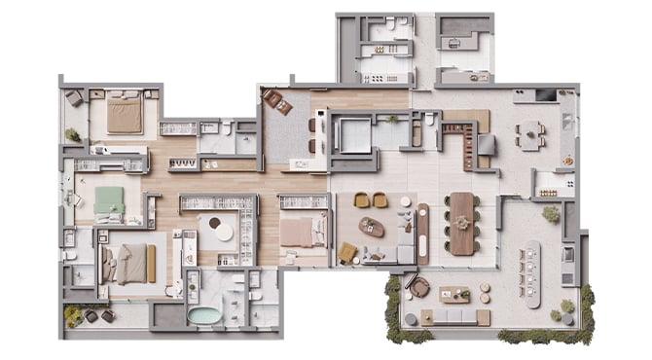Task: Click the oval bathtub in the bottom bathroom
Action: click(204, 315)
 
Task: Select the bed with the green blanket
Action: click(108, 200)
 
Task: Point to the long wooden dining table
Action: click(462, 223)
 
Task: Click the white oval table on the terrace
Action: click(531, 273)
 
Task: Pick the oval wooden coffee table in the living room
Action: click(372, 228)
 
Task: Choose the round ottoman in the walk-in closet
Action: click(224, 234)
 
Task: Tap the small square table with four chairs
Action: click(530, 135)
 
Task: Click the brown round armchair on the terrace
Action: click(419, 287)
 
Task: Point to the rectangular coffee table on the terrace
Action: click(454, 294)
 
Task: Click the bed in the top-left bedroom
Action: click(125, 116)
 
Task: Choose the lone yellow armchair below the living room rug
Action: click(347, 253)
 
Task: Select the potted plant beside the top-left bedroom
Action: click(73, 135)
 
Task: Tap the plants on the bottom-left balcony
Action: click(74, 314)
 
